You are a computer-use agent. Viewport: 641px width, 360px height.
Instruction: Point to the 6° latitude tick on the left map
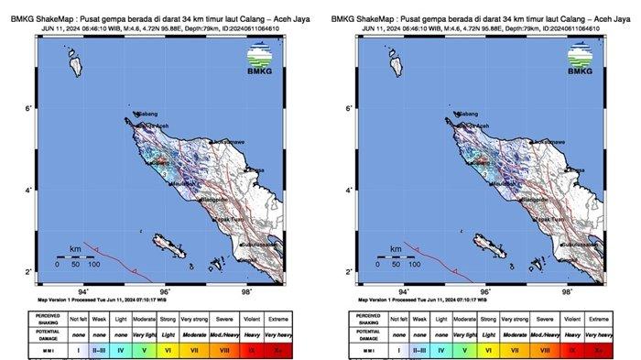point(28,109)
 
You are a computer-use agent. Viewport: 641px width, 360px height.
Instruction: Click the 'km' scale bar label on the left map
point(75,248)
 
